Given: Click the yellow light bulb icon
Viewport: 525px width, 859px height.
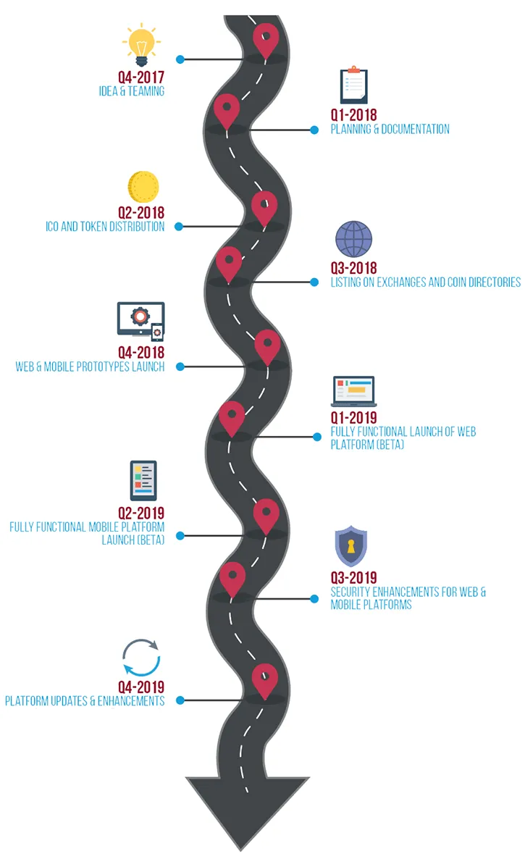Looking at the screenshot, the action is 142,45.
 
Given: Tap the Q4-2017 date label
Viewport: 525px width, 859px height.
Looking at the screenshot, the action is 141,77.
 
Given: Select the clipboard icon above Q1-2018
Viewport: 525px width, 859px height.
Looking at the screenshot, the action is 353,85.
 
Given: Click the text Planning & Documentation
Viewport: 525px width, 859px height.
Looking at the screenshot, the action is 390,130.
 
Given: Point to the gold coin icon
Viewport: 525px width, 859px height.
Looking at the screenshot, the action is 143,188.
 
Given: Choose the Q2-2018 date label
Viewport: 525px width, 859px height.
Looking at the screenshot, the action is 141,212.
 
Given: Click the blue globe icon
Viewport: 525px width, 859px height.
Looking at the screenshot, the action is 353,240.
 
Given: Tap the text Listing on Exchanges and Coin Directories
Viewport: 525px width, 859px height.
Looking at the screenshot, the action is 425,282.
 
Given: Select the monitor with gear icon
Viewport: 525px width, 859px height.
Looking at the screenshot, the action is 140,321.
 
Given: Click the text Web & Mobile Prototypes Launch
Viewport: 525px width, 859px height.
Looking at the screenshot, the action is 90,366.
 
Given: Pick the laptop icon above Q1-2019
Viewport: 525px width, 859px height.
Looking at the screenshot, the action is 353,391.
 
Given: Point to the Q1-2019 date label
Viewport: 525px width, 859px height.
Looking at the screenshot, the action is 353,417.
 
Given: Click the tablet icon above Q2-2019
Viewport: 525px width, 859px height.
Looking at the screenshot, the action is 143,480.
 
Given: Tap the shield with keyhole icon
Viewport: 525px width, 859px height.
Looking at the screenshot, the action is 351,546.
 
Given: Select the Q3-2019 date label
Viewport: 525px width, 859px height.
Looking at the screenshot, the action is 353,577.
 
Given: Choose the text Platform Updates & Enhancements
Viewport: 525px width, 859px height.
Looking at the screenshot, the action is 85,700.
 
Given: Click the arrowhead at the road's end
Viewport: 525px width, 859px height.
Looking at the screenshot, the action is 248,810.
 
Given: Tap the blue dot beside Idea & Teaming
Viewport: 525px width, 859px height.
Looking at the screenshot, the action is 180,59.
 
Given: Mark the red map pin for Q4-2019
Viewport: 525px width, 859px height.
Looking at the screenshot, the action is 265,679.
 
